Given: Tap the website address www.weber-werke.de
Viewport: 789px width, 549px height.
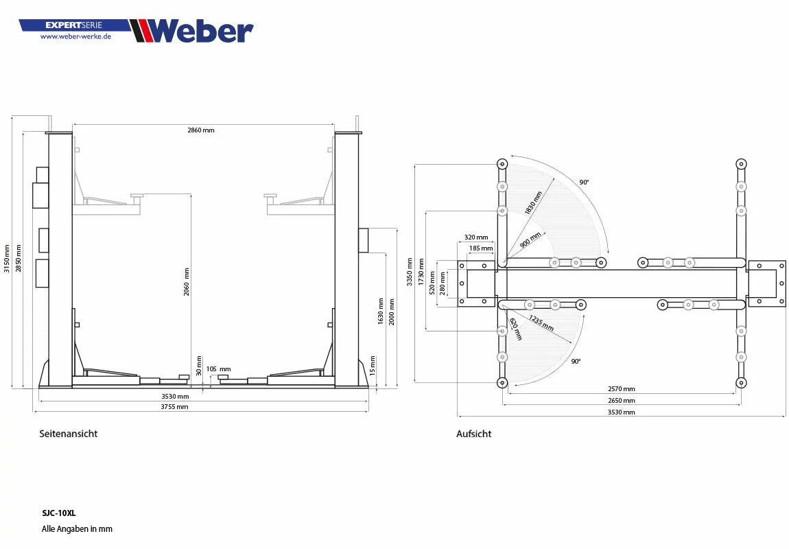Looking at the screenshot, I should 75,36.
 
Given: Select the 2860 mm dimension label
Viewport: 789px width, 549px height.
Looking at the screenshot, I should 201,130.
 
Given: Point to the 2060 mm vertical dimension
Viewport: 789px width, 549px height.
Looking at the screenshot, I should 187,281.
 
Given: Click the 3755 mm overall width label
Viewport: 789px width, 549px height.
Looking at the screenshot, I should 174,406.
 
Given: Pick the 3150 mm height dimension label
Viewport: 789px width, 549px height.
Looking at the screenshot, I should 7,259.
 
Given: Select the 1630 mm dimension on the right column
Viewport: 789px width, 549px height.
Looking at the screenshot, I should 380,311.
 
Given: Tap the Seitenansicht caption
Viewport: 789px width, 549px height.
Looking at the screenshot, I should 69,434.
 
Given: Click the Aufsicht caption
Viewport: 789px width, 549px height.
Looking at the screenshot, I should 473,434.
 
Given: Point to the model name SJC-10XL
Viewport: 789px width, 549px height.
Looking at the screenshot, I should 59,512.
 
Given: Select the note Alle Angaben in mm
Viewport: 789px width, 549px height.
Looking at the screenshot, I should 77,529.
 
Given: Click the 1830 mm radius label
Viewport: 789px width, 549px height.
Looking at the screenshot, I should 533,203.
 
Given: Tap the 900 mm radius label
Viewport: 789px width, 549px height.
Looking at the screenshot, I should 530,240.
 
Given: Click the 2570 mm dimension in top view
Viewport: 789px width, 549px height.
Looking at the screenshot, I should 621,389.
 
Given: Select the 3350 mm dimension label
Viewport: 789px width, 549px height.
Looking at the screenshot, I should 410,272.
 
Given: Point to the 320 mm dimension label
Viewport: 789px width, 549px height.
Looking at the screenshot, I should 476,237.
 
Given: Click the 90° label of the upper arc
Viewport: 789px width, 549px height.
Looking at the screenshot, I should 584,183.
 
